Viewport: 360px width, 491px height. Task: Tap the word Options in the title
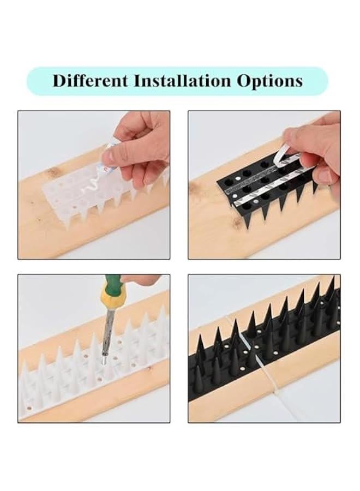pos(269,81)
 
